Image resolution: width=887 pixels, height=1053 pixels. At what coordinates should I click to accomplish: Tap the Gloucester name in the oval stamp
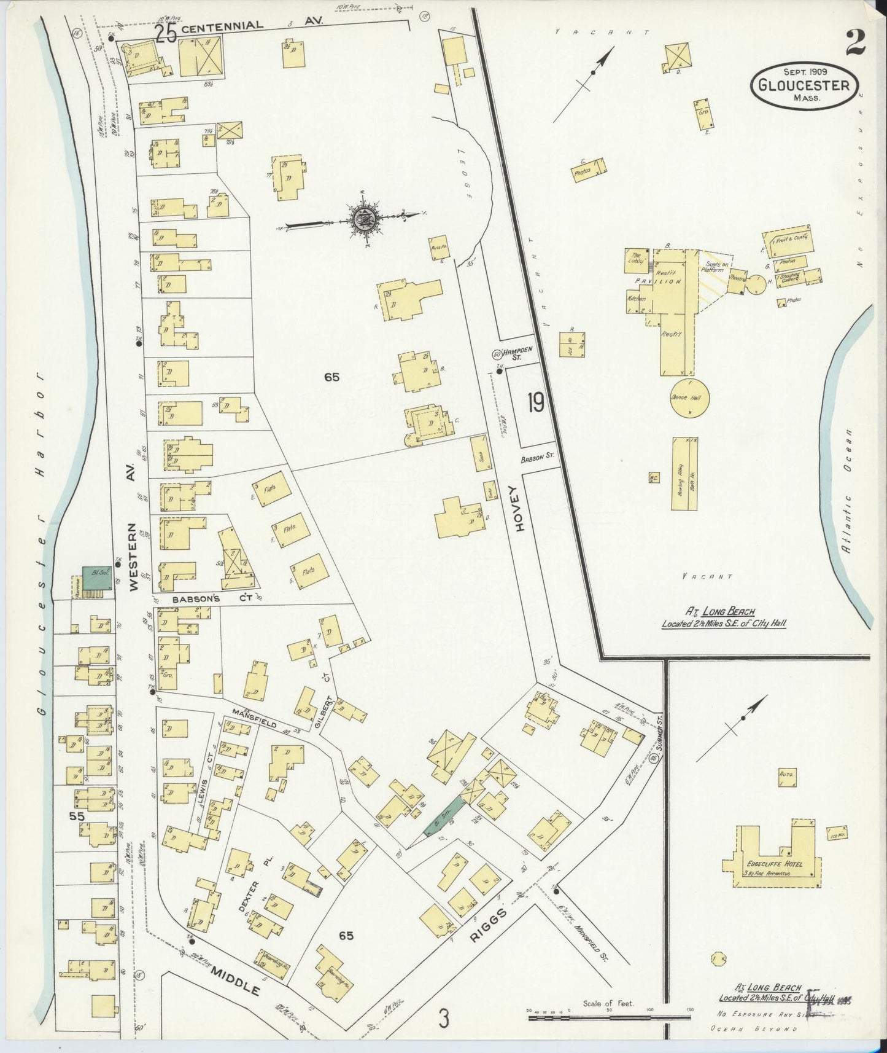pyautogui.click(x=804, y=85)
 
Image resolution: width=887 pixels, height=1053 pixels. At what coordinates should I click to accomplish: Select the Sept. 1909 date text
pyautogui.click(x=804, y=71)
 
